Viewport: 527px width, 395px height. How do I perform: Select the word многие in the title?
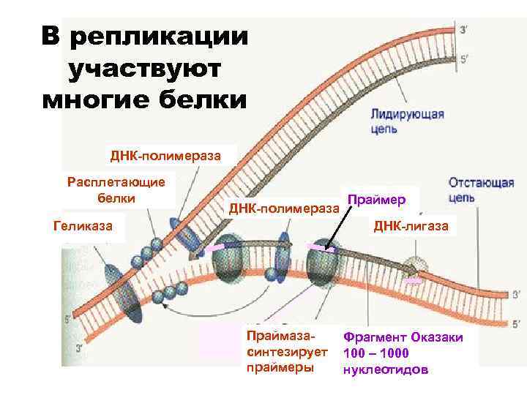tap(94, 100)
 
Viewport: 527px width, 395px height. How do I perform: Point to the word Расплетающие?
tap(116, 182)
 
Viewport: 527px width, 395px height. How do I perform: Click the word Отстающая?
tap(481, 183)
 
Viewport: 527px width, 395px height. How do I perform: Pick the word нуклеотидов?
tap(385, 369)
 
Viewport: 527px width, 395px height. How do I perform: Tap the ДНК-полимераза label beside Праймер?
tap(285, 208)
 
